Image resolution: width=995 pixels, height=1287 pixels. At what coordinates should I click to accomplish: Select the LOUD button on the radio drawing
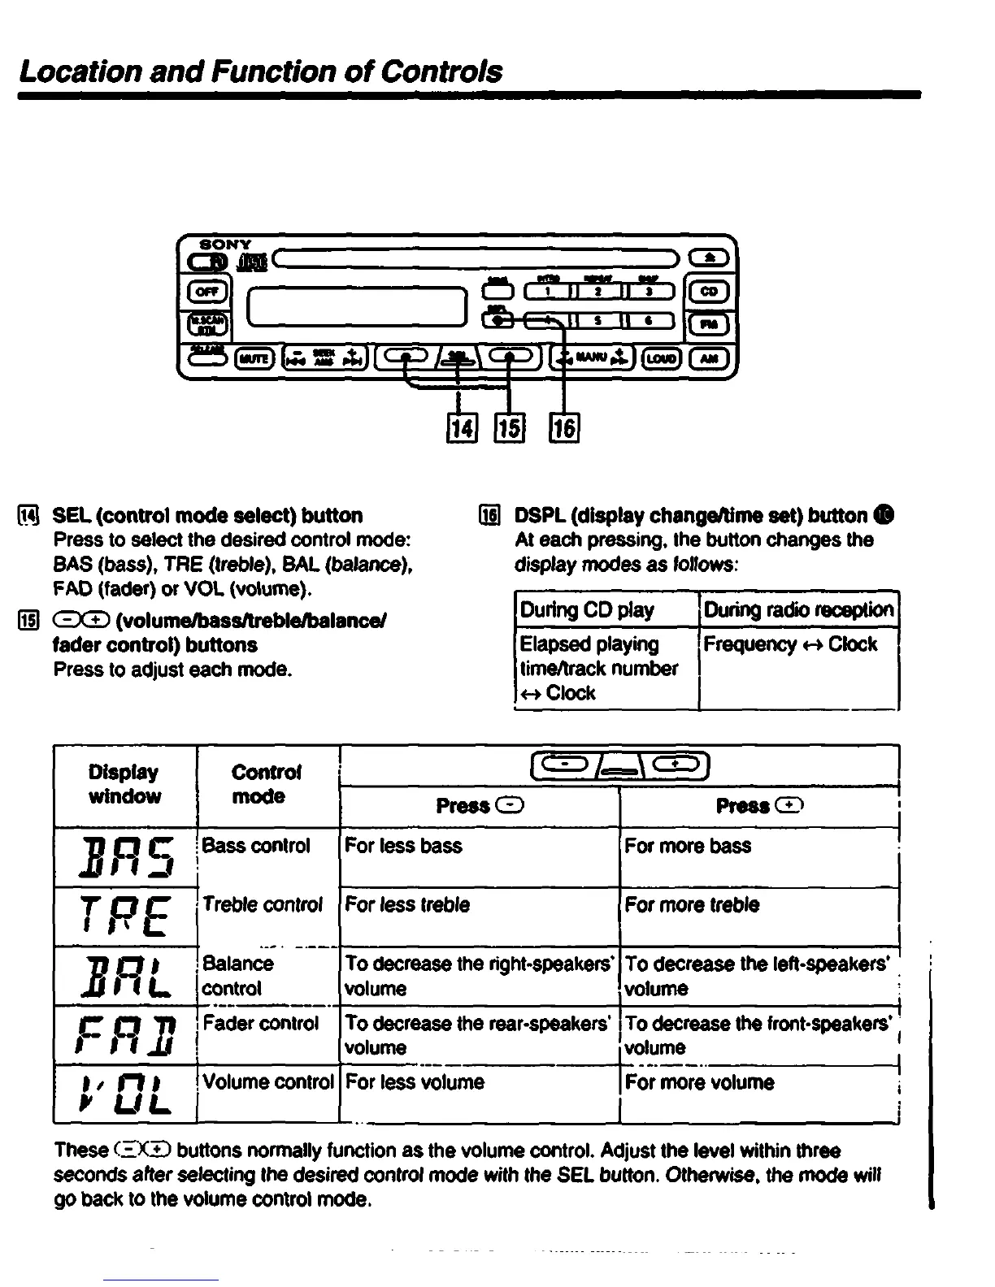[x=661, y=357]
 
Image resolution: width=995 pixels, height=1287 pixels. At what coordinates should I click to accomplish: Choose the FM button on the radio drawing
[x=710, y=324]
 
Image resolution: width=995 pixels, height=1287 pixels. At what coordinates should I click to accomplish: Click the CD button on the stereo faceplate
[x=710, y=290]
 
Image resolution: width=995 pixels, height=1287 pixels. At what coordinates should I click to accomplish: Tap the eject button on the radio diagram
[x=710, y=258]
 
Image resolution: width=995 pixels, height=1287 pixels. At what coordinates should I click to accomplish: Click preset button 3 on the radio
[x=648, y=292]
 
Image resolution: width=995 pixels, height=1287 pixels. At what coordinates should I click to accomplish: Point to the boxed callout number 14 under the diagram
[x=460, y=427]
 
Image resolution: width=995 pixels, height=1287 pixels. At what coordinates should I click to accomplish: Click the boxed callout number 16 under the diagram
[x=564, y=427]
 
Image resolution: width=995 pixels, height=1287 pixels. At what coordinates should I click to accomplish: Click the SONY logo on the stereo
[x=225, y=244]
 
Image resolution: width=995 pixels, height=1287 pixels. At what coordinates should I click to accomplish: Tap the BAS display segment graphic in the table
[x=125, y=857]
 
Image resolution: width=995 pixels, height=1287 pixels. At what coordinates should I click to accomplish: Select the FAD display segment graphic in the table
[x=125, y=1035]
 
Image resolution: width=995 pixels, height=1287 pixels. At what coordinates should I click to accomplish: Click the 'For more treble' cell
[x=758, y=916]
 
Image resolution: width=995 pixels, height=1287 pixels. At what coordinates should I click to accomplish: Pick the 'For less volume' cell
[x=479, y=1093]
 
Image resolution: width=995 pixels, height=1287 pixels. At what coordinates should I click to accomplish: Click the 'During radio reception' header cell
[x=798, y=609]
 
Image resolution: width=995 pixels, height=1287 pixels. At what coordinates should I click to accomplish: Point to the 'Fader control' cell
[x=267, y=1033]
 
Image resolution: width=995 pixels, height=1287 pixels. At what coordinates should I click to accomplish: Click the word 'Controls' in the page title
[x=441, y=71]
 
